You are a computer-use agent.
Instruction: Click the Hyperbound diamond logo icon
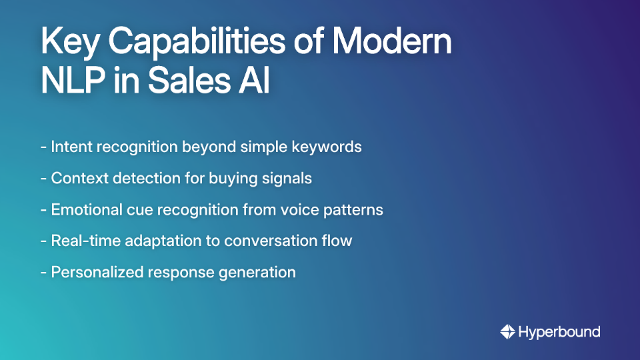coord(507,331)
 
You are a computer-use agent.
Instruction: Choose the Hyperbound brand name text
coord(560,331)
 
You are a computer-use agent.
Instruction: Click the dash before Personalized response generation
coord(43,272)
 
